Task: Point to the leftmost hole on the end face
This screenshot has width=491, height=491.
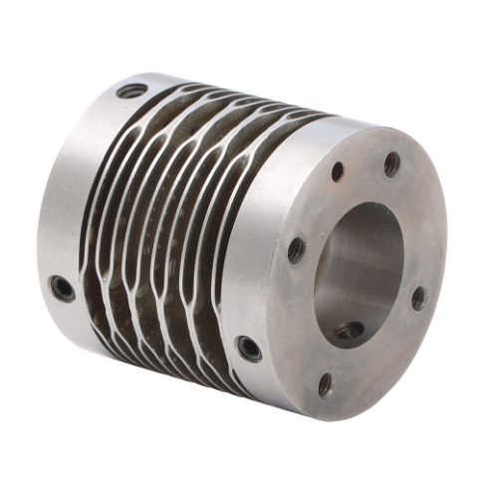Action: click(297, 249)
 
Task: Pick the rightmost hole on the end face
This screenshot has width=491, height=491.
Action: click(418, 298)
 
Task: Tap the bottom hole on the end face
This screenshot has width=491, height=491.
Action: click(326, 384)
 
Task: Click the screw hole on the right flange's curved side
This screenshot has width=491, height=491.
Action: click(248, 349)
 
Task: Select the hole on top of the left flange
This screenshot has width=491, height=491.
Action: click(130, 91)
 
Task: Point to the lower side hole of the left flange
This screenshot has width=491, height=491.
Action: click(63, 289)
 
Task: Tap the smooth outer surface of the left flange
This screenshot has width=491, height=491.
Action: click(70, 199)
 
